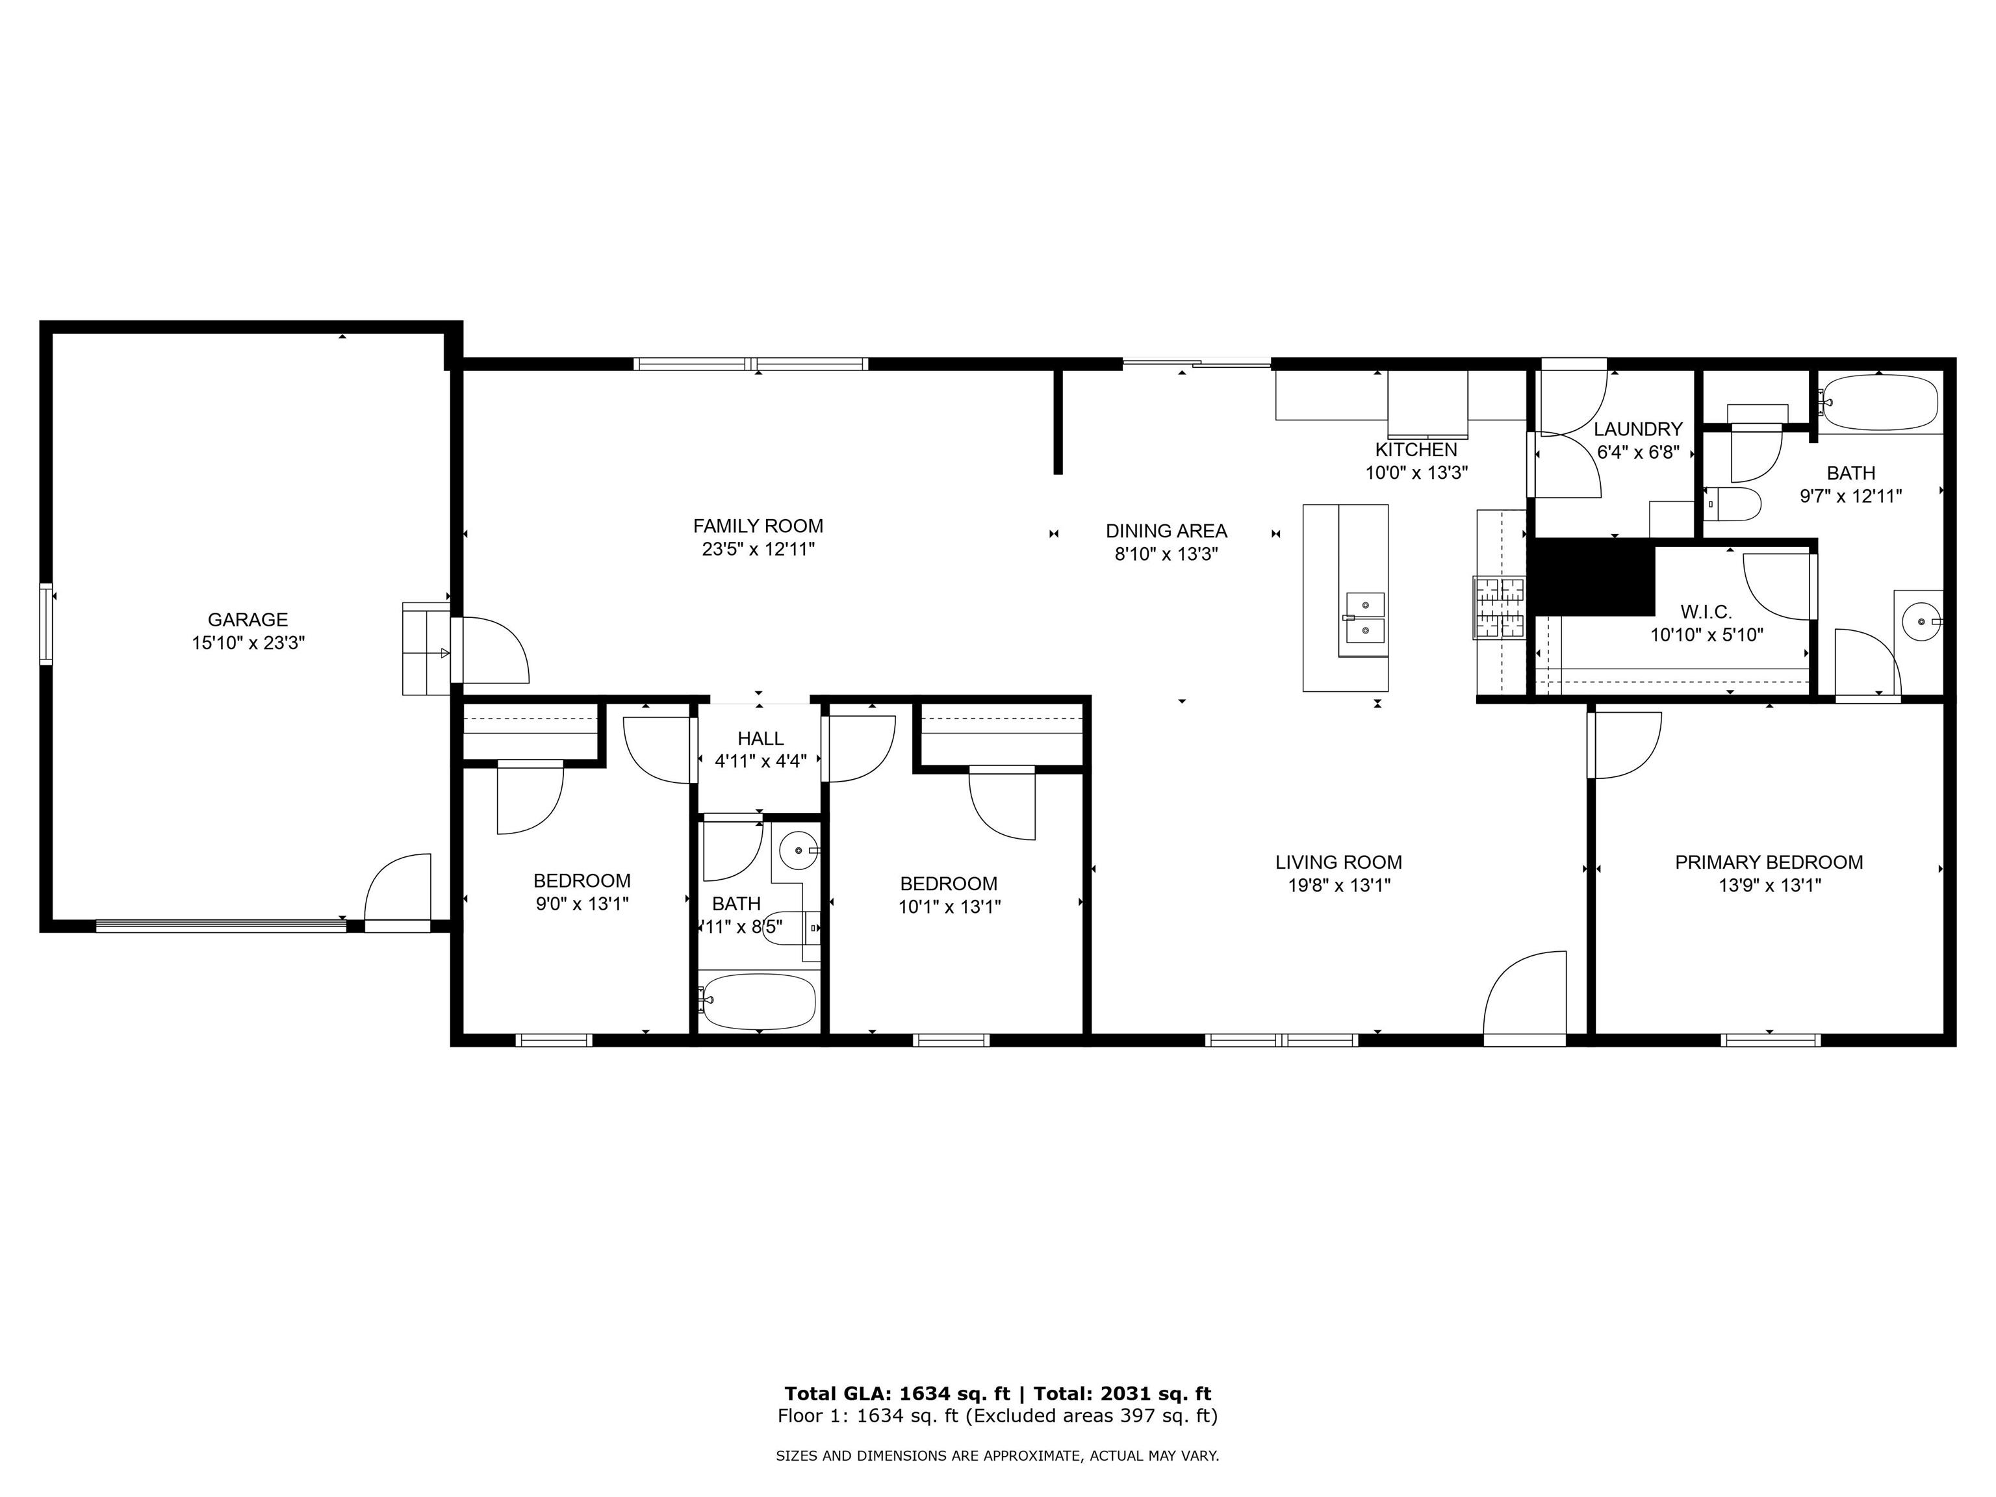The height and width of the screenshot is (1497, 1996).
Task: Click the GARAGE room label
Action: [x=248, y=620]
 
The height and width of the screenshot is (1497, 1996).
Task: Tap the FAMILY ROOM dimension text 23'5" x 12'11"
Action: [x=758, y=550]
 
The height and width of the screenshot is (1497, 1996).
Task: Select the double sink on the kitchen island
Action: [x=1364, y=617]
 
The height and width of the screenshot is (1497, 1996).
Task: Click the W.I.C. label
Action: [x=1706, y=612]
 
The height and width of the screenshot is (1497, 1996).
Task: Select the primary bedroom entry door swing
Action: [x=1624, y=743]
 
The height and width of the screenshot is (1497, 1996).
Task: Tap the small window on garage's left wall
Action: [x=46, y=624]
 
